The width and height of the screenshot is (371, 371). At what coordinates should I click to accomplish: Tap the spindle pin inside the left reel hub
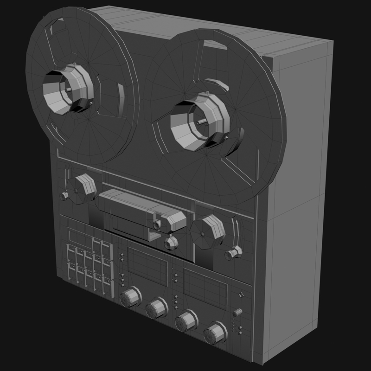tap(69, 90)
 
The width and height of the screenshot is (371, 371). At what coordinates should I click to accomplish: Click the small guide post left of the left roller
tap(64, 196)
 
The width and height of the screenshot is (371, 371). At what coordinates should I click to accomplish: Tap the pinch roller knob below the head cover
tap(171, 242)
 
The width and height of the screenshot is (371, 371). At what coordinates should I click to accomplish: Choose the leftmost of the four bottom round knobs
tap(130, 297)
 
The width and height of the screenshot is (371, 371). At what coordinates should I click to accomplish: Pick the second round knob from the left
tap(157, 308)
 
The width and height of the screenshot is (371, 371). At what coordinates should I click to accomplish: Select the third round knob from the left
tap(185, 320)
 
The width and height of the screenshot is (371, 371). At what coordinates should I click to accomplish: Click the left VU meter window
tap(147, 266)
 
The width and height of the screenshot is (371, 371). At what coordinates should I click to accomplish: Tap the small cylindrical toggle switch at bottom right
tap(238, 312)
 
